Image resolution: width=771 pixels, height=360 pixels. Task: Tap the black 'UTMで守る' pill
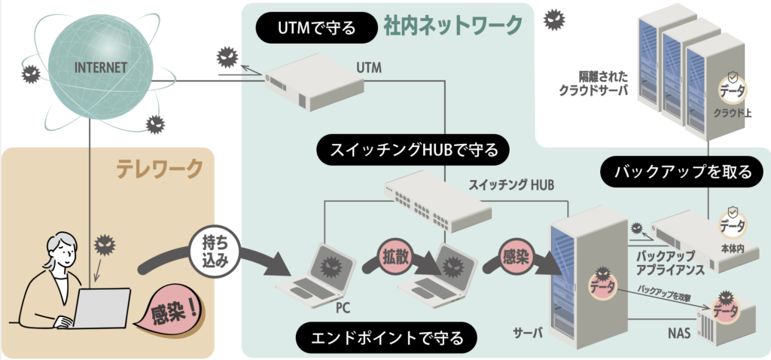[x=316, y=29]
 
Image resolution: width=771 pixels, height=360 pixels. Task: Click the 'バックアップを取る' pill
[x=682, y=172]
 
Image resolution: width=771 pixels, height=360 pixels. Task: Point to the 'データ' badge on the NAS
[x=726, y=308]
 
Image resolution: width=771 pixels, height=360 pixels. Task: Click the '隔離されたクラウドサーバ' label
[x=594, y=83]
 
